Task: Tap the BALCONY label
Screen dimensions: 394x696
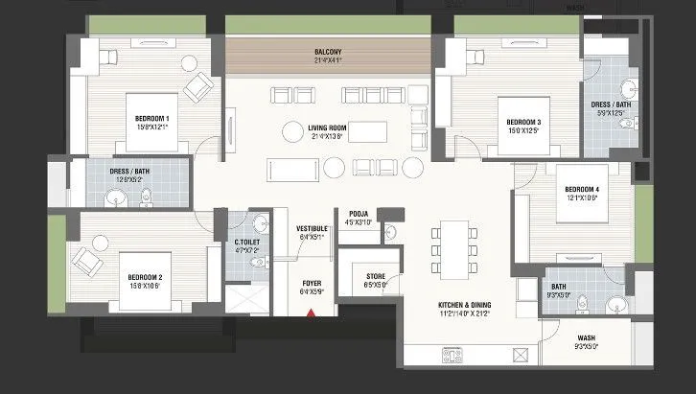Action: click(x=329, y=51)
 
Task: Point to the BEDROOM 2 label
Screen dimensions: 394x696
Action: click(x=148, y=277)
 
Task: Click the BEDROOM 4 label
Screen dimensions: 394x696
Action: click(x=581, y=189)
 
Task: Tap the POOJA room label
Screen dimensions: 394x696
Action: click(x=360, y=214)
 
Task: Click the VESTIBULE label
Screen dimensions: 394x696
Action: click(x=313, y=228)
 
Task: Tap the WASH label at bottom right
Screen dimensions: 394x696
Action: click(x=586, y=337)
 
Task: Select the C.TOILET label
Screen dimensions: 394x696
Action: click(x=248, y=242)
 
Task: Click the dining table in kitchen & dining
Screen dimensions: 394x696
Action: click(x=454, y=248)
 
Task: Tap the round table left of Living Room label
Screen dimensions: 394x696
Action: click(x=290, y=130)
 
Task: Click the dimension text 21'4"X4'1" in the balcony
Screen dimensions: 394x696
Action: click(x=329, y=60)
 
